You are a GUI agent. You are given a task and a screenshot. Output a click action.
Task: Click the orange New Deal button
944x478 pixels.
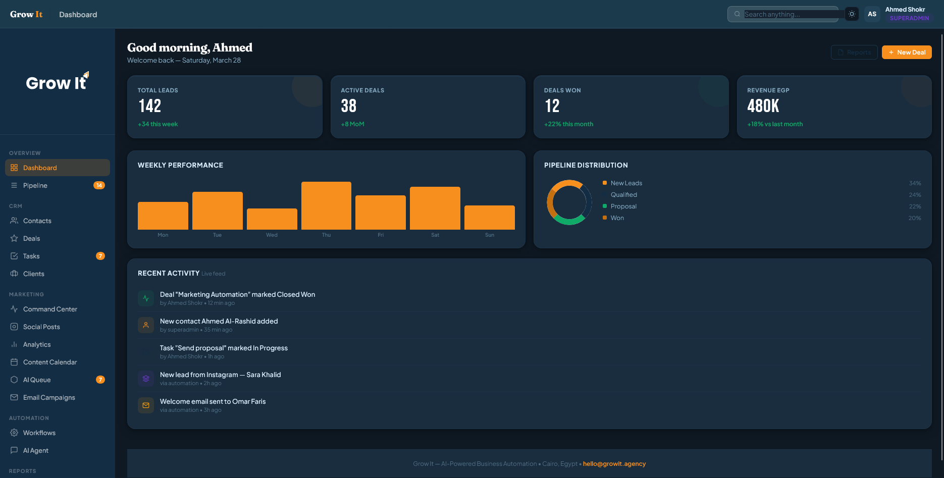point(906,52)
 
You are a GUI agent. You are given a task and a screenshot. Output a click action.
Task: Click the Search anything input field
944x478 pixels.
point(788,14)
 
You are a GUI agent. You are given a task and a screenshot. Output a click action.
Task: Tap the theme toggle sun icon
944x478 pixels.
point(852,14)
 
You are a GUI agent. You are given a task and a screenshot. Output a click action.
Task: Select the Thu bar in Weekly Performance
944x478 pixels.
point(326,206)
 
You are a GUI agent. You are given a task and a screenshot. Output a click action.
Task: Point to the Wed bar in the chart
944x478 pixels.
point(272,219)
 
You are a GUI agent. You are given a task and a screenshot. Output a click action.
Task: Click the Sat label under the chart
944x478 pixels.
point(435,235)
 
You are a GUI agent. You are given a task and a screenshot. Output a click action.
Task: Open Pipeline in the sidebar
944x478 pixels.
point(35,186)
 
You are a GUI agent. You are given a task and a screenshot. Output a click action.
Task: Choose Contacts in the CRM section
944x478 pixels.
point(37,221)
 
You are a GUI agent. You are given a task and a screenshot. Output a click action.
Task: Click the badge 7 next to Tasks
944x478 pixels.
point(100,256)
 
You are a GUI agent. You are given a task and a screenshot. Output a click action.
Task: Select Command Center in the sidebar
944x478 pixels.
point(50,309)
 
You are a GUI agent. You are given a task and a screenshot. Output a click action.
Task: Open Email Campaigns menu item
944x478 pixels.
point(49,398)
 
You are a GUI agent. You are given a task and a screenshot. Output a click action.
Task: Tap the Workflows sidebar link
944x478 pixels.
point(39,433)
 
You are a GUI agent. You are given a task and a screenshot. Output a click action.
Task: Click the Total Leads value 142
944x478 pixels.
point(150,106)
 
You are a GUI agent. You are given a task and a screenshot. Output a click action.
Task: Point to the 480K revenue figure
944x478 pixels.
point(763,106)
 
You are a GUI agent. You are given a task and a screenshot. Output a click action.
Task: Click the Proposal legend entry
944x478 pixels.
point(623,206)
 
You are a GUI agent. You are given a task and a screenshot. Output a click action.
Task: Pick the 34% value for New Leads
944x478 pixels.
point(915,183)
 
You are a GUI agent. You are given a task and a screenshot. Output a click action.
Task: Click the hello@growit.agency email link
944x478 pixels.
point(614,464)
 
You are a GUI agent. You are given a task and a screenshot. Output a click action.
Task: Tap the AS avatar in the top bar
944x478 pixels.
point(872,14)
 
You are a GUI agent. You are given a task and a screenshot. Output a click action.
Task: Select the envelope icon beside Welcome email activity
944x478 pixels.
point(146,405)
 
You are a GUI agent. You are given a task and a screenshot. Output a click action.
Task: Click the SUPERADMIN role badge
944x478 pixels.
point(909,18)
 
